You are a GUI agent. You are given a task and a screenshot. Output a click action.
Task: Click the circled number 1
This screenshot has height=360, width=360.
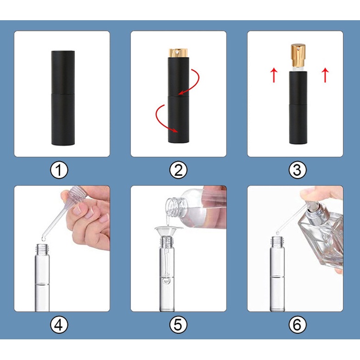(x=59, y=170)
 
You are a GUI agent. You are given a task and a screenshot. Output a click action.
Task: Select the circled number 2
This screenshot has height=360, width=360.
(x=178, y=170)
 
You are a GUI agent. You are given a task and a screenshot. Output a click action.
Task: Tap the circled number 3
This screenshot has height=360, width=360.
(x=298, y=170)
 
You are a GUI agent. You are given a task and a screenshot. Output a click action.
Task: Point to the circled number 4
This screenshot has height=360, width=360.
(x=59, y=325)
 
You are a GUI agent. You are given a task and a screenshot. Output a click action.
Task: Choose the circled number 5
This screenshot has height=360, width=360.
(x=178, y=325)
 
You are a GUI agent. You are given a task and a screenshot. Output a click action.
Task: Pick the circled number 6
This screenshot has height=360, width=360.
(x=298, y=325)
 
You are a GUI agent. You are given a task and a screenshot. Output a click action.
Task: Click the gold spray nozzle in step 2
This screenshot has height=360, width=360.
(x=178, y=53)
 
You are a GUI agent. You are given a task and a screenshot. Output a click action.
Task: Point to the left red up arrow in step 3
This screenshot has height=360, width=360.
(x=274, y=75)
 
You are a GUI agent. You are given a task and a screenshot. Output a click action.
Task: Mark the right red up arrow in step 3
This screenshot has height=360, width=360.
(x=325, y=75)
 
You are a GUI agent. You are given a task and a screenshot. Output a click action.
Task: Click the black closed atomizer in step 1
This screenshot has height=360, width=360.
(x=63, y=98)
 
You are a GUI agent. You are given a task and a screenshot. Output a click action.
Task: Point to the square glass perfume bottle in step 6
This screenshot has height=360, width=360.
(x=321, y=236)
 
